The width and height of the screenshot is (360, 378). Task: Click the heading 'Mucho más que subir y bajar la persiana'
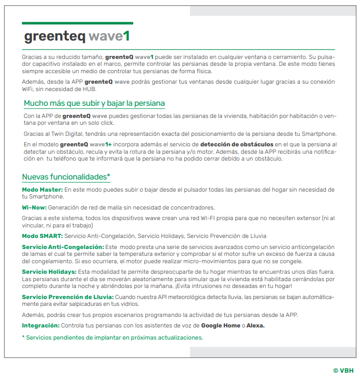tap(94, 103)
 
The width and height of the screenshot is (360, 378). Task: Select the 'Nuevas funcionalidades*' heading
tap(66, 177)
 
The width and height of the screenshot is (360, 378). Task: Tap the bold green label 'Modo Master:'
tap(42, 189)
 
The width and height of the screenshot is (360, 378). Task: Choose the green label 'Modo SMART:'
tap(42, 235)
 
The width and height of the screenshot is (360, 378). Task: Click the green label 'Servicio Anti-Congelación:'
tap(63, 247)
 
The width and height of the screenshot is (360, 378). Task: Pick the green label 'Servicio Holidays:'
tap(49, 272)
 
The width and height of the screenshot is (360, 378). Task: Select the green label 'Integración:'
tap(41, 325)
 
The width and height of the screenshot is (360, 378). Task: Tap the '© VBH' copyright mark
tap(343, 370)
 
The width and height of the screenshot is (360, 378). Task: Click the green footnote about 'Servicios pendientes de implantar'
tap(112, 337)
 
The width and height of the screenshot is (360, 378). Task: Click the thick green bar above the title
tap(77, 23)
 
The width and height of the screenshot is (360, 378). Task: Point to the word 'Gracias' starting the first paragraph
tap(32, 56)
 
